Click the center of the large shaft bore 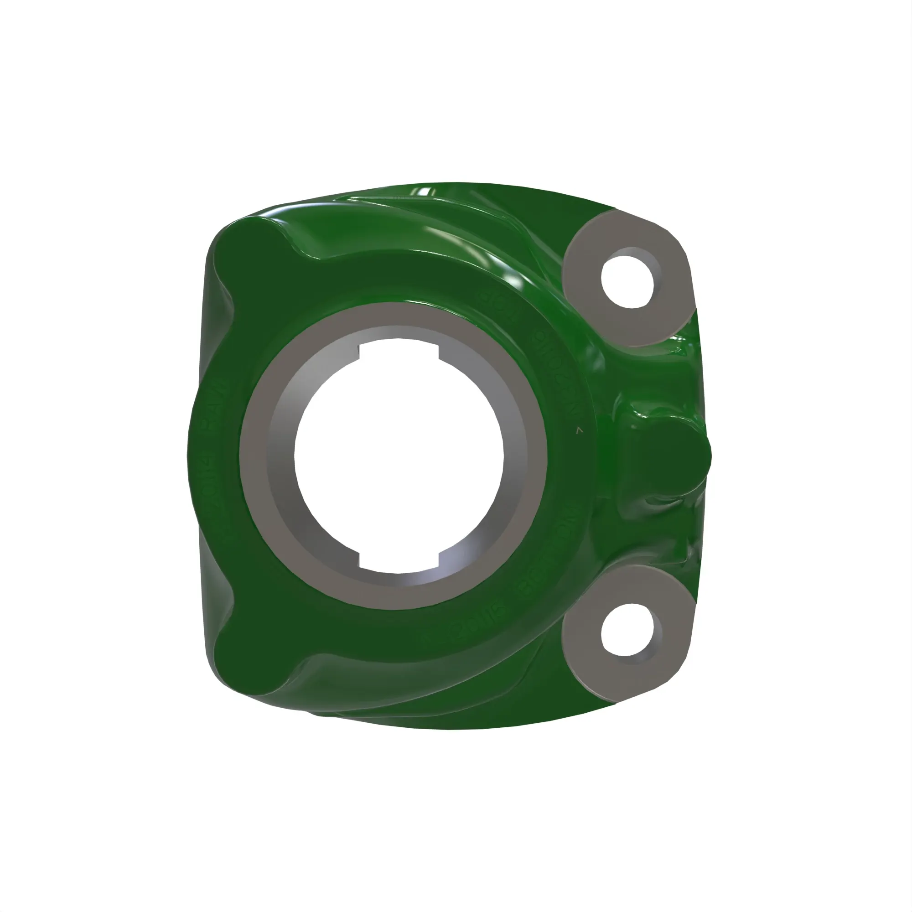399,456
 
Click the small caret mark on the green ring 580,430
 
